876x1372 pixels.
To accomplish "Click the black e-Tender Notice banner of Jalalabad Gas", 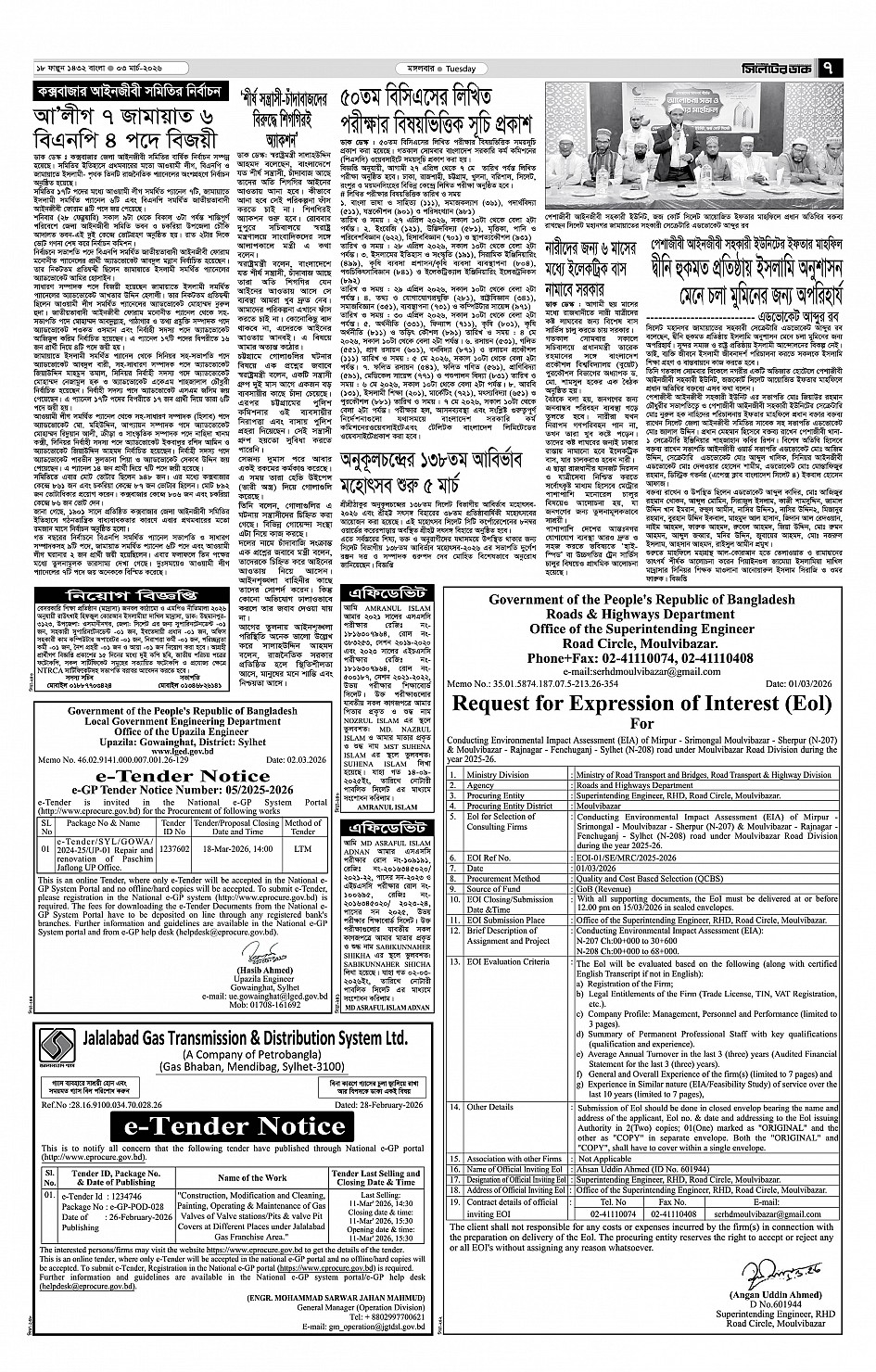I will point(231,1125).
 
